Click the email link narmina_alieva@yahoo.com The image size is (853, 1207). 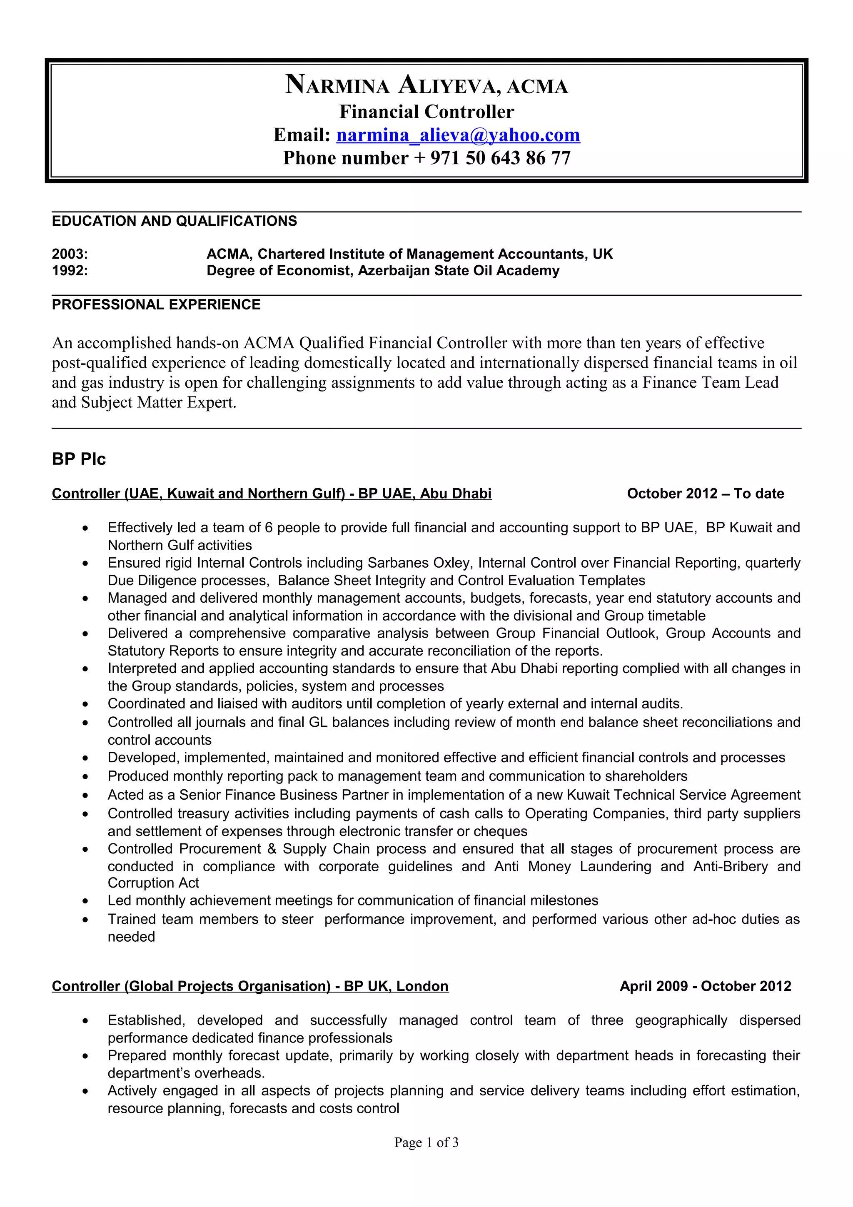(x=458, y=135)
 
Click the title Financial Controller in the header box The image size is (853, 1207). (x=426, y=112)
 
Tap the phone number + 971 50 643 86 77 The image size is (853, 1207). (x=500, y=158)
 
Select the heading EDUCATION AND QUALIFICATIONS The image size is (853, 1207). (x=174, y=221)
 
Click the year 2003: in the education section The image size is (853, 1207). (x=70, y=254)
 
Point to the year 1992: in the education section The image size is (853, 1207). (x=70, y=270)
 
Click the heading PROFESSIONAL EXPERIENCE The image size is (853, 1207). (x=156, y=304)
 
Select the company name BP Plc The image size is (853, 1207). (x=79, y=459)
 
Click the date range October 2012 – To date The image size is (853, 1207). (x=705, y=493)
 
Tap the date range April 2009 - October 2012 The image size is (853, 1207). (x=705, y=986)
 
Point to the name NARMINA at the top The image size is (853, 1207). (x=337, y=85)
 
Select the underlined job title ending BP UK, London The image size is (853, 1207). (x=250, y=986)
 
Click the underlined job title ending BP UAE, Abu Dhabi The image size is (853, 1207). (x=272, y=493)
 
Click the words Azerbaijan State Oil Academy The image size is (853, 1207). (x=458, y=270)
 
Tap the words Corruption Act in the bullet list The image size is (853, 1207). (x=153, y=883)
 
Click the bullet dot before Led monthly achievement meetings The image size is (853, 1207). (x=85, y=901)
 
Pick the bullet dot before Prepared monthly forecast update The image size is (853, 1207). (x=85, y=1056)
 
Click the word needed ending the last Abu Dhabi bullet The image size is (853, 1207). (x=131, y=937)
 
